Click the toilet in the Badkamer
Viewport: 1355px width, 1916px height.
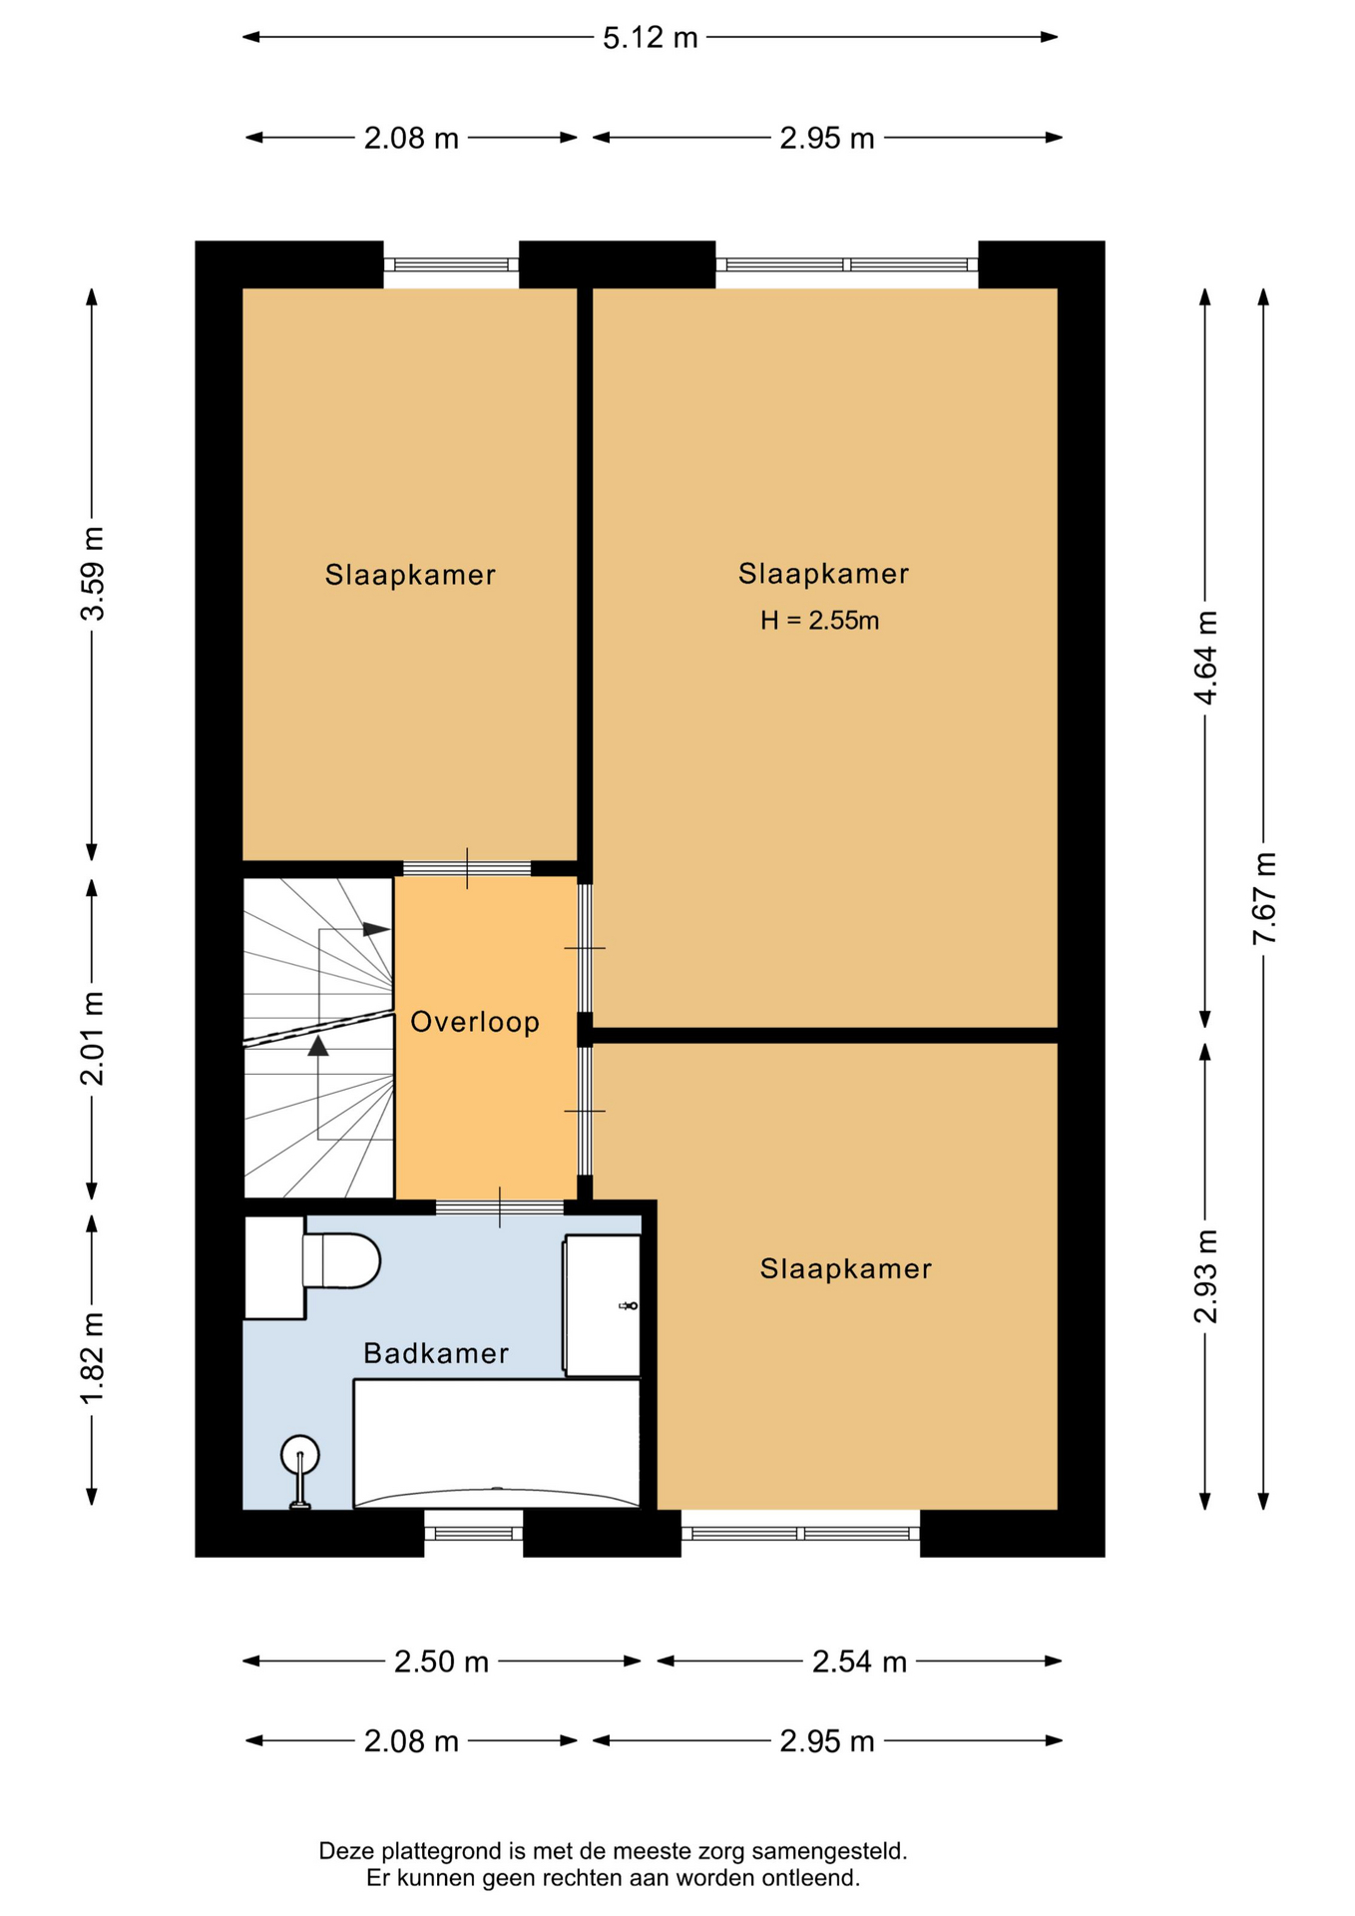tap(341, 1261)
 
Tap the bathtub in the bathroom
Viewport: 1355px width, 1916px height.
tap(497, 1443)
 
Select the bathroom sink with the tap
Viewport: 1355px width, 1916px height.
tap(602, 1305)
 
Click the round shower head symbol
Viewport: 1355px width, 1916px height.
tap(300, 1454)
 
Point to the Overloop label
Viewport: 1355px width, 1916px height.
tap(475, 1022)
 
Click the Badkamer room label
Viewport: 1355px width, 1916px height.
tap(436, 1353)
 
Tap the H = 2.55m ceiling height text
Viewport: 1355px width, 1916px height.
tap(820, 621)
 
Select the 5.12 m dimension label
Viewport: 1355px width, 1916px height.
tap(651, 38)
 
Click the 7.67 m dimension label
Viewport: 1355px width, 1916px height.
tap(1264, 898)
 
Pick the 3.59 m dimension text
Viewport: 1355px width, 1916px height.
tap(93, 574)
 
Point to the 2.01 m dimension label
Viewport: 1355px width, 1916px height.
tap(93, 1039)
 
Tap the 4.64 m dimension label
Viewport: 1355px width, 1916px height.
tap(1206, 658)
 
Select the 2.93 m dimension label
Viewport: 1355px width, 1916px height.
tap(1206, 1276)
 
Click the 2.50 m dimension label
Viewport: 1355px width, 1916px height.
tap(441, 1662)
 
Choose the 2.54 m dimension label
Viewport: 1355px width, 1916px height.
tap(859, 1662)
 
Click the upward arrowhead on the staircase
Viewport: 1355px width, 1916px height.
tap(318, 1045)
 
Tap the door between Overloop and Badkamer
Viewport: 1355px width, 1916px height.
tap(500, 1207)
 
